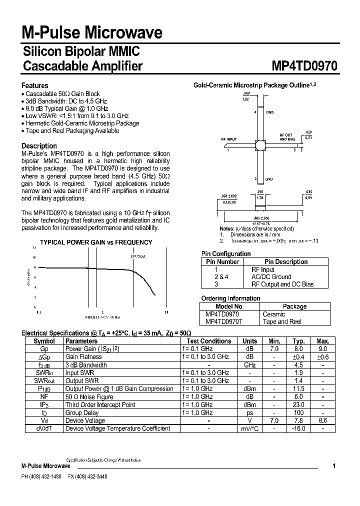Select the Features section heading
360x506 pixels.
tap(35, 85)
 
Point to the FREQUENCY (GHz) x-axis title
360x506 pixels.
tap(102, 317)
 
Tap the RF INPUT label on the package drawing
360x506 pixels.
tap(229, 139)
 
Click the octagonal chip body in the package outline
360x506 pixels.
tap(260, 145)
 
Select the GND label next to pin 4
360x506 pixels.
tap(269, 112)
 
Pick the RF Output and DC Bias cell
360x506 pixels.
tap(282, 284)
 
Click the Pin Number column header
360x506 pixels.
tap(222, 261)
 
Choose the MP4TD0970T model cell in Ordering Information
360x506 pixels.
tap(224, 321)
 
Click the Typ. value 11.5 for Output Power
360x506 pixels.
tap(298, 388)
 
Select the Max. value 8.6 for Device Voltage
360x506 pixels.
tap(323, 420)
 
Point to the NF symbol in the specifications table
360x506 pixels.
tap(44, 396)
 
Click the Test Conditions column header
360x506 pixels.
tap(208, 341)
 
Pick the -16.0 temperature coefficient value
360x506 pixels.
tap(298, 428)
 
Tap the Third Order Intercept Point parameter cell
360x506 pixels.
tap(100, 404)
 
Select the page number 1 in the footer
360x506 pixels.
tap(334, 466)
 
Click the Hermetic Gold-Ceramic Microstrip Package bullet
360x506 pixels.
tap(82, 123)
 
